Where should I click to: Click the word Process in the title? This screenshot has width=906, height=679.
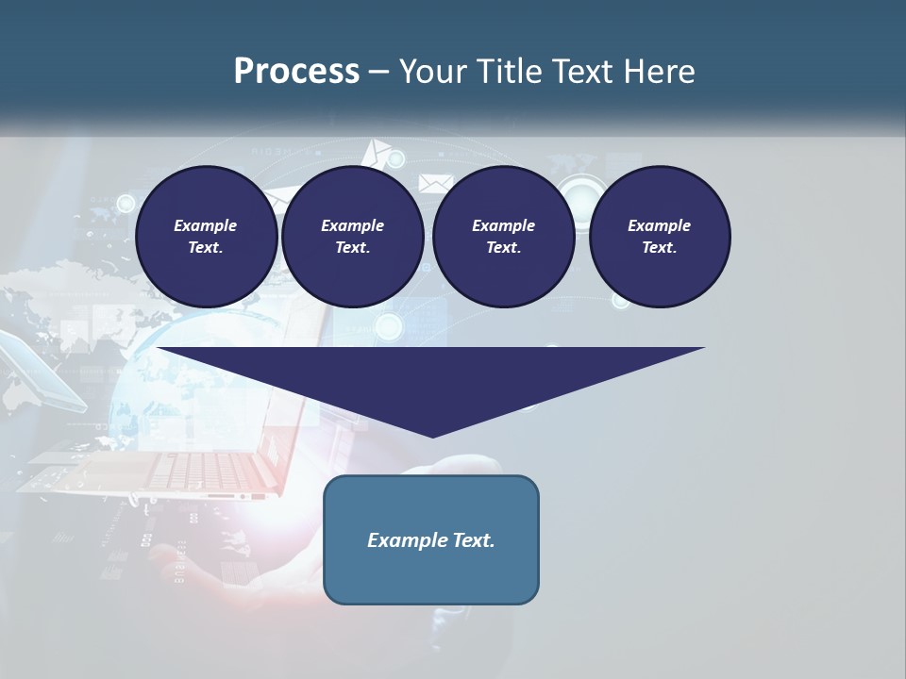coord(296,72)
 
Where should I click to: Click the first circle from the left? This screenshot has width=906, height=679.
coord(206,237)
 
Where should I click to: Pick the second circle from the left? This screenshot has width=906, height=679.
coord(352,237)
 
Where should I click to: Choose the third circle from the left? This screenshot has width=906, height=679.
coord(503,237)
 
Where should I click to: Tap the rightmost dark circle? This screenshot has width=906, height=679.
coord(660,237)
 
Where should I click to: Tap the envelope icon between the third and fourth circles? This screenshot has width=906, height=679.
coord(436,183)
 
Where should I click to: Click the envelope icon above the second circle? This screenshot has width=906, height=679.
coord(377,151)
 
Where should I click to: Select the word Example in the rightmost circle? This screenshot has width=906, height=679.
coord(660,225)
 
